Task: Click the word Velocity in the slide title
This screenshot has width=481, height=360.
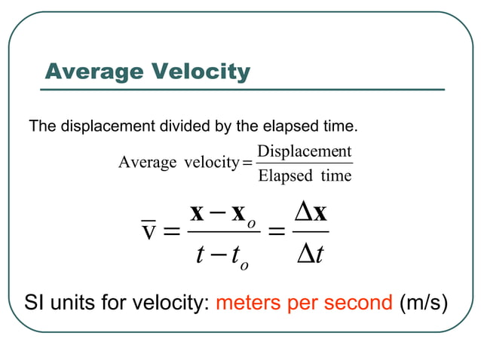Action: click(201, 72)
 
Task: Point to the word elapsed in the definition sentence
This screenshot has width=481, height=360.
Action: click(283, 125)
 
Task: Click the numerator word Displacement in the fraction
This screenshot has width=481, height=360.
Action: click(305, 151)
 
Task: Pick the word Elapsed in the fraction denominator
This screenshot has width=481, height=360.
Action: click(285, 176)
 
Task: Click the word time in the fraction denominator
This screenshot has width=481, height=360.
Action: click(335, 176)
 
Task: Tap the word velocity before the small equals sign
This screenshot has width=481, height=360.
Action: click(212, 163)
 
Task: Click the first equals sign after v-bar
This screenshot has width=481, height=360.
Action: click(172, 231)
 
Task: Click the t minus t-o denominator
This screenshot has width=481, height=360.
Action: click(222, 255)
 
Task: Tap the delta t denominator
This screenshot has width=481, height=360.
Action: click(309, 255)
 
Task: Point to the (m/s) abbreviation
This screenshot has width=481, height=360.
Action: click(425, 304)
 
